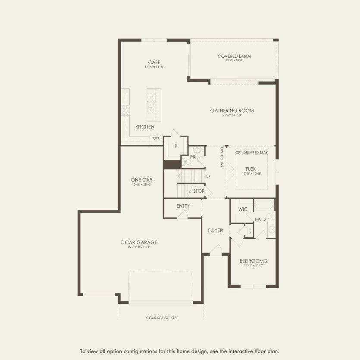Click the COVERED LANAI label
[234, 56]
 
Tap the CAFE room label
[154, 63]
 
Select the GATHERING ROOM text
[232, 111]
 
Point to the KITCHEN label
[145, 127]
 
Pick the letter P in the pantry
[176, 147]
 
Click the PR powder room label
[193, 157]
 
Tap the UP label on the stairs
[208, 177]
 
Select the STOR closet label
[199, 191]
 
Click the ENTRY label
[183, 206]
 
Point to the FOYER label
[215, 230]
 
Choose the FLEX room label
[251, 169]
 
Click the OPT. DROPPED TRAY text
[251, 153]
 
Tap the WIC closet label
[243, 209]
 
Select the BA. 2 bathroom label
[261, 219]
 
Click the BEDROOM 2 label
[254, 261]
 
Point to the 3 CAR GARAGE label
[139, 242]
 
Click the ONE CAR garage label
[142, 180]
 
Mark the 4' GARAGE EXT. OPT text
[161, 318]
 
